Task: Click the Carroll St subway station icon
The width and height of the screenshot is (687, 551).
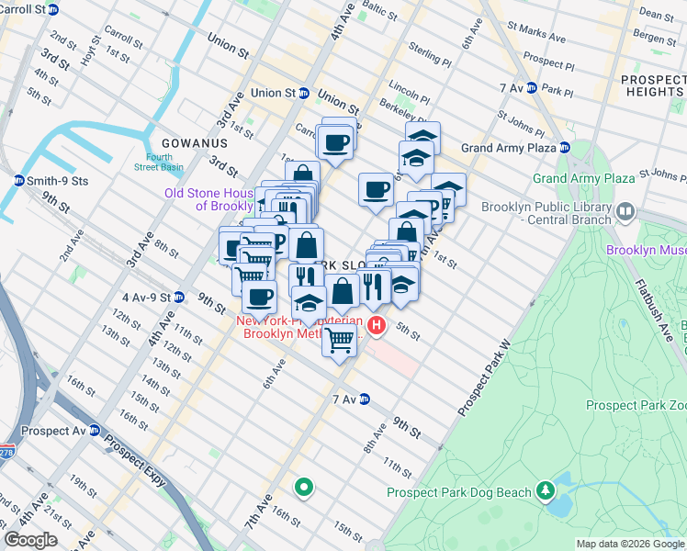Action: click(53, 9)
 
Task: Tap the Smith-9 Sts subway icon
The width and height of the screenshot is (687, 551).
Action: click(18, 180)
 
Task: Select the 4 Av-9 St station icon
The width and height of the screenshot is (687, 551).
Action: click(179, 298)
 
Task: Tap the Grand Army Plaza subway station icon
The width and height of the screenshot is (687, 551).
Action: click(565, 148)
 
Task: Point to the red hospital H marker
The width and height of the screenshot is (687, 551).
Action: click(376, 325)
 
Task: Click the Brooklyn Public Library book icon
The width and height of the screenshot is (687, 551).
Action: click(625, 212)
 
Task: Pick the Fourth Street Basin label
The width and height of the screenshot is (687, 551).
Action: click(159, 162)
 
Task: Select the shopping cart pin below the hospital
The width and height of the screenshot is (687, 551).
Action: click(340, 341)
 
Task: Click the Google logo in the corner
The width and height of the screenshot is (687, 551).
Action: click(29, 540)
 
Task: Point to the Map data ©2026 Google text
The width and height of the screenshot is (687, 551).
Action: click(630, 544)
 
